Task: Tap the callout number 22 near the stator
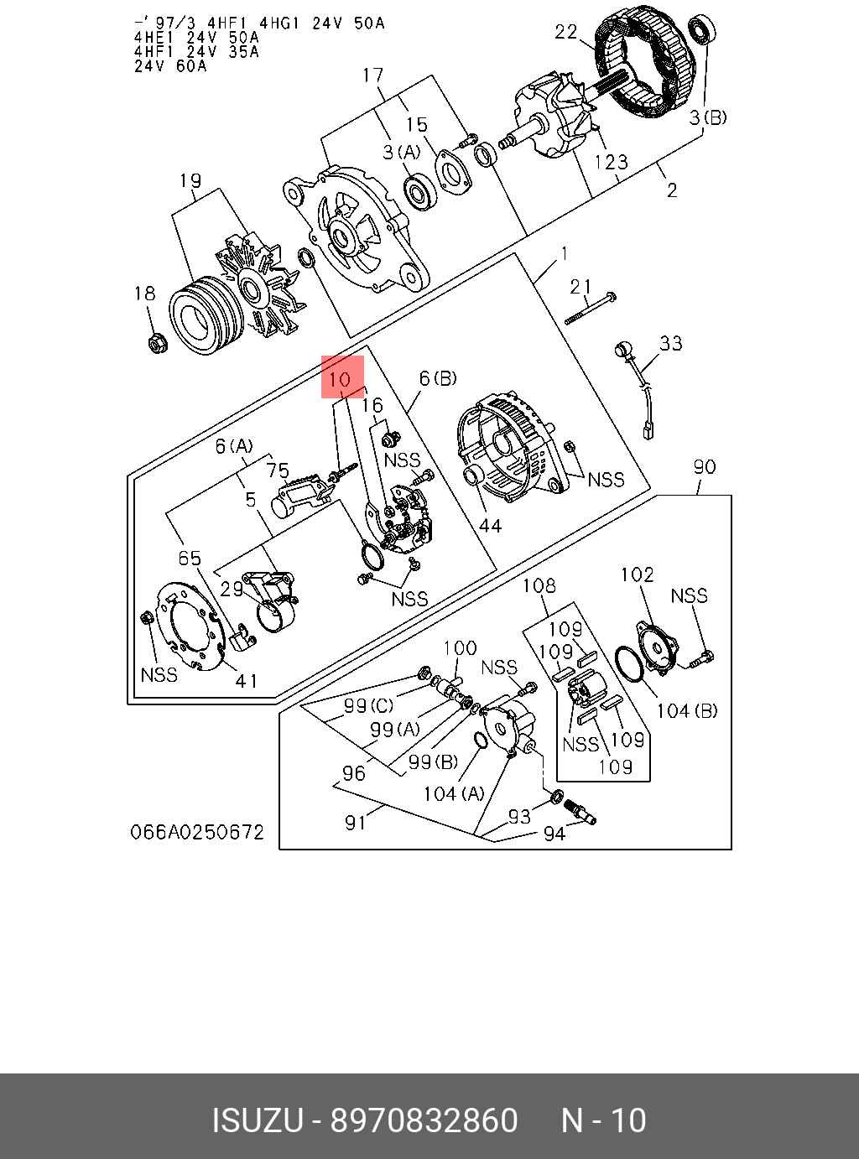[565, 32]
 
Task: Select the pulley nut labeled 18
[155, 342]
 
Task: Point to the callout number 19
[190, 180]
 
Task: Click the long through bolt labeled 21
[591, 308]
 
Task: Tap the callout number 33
[670, 343]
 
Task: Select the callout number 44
[490, 525]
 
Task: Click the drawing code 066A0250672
[197, 832]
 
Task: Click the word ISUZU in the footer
[257, 1120]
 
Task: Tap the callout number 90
[704, 466]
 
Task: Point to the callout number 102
[637, 574]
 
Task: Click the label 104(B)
[687, 711]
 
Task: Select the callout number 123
[611, 161]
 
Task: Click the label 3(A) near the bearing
[401, 152]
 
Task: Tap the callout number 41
[247, 680]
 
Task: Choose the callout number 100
[460, 647]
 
